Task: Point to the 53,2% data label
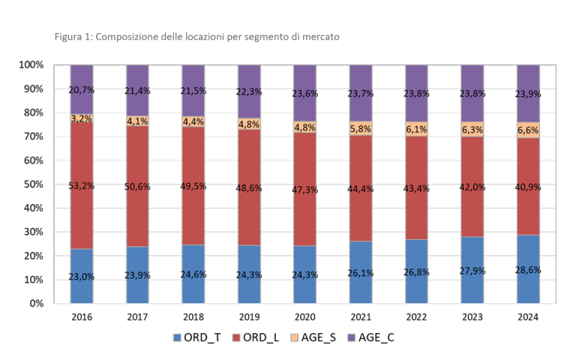click(x=82, y=186)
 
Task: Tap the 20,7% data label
click(x=82, y=90)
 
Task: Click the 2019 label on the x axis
click(x=249, y=318)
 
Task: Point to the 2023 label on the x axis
click(x=472, y=318)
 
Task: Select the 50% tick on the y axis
click(x=31, y=184)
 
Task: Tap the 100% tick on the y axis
click(x=29, y=65)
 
